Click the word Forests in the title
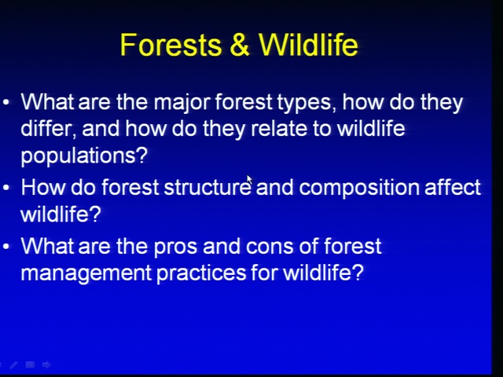click(171, 45)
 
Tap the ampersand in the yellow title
click(239, 45)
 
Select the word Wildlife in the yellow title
click(308, 44)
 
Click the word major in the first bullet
click(182, 103)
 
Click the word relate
click(279, 128)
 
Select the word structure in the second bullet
click(207, 188)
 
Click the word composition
click(359, 188)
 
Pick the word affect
click(453, 187)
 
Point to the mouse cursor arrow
click(249, 180)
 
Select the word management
click(86, 273)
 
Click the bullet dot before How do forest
click(6, 188)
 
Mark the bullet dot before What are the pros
click(6, 246)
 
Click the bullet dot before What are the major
click(6, 102)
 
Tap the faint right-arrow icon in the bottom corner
click(46, 364)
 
